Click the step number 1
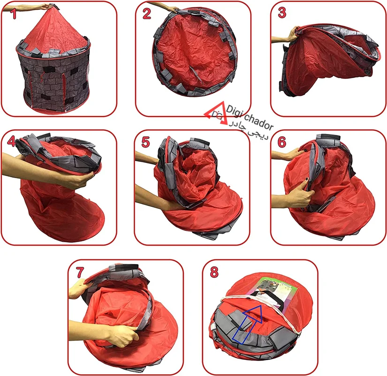[x=14, y=14]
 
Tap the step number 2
[x=147, y=13]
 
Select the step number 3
[x=282, y=13]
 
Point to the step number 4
[x=12, y=141]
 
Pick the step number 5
[x=145, y=142]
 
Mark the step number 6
[x=281, y=142]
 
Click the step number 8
[x=214, y=272]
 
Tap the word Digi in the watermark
[x=235, y=111]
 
